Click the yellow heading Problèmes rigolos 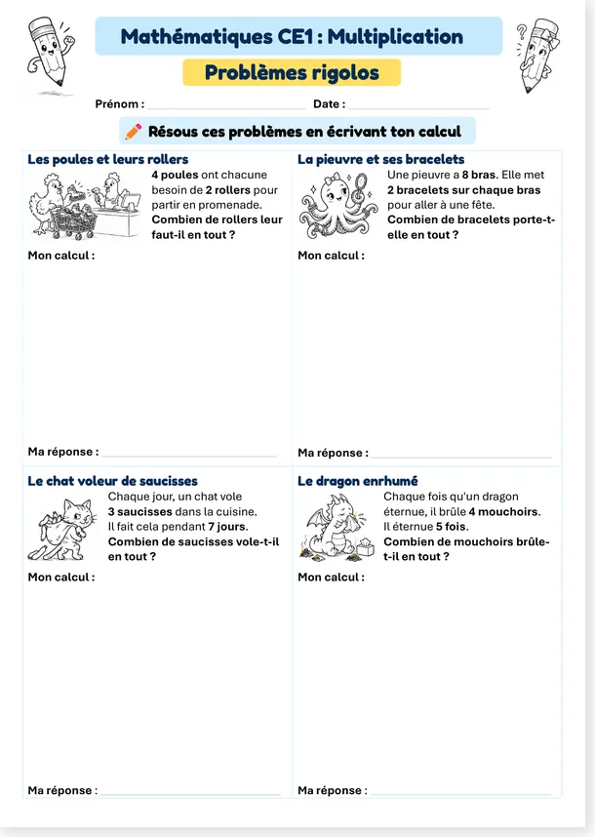tap(292, 72)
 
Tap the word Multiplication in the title tap(395, 36)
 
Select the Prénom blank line tap(226, 108)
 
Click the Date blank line tap(418, 108)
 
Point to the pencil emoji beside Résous tap(134, 132)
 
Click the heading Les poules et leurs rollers tap(108, 159)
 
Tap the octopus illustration tap(337, 206)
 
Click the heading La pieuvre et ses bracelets tap(381, 159)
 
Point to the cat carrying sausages tap(62, 529)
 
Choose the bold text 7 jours tap(228, 527)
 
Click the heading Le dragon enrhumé tap(358, 481)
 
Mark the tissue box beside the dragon tap(365, 549)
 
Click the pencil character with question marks tap(537, 55)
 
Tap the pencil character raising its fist tap(50, 51)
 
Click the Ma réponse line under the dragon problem tap(461, 794)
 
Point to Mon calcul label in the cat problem tap(61, 578)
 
